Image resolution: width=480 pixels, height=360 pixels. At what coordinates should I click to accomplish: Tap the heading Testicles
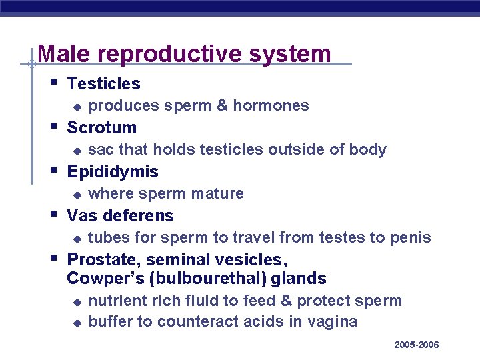tap(104, 83)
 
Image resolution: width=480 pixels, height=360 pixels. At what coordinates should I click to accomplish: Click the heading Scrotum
tap(102, 127)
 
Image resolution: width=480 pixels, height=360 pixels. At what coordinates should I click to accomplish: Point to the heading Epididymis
tap(113, 171)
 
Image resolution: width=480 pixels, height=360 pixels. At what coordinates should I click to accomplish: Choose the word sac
tap(99, 149)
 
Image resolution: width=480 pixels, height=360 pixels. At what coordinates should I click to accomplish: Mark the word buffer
tap(111, 321)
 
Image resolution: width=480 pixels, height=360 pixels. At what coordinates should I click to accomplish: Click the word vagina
tap(333, 322)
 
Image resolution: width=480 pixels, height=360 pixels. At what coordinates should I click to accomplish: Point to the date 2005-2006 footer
tap(417, 345)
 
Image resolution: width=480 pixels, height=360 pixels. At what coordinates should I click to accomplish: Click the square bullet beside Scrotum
tap(54, 126)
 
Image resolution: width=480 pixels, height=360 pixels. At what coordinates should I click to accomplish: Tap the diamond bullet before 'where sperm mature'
tap(77, 195)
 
